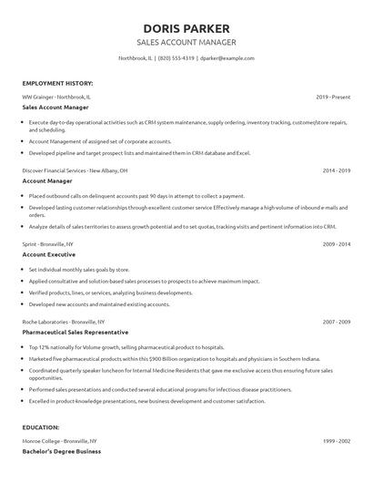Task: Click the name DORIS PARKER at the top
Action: point(186,28)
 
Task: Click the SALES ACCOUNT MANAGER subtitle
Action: point(186,42)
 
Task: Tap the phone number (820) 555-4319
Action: point(176,58)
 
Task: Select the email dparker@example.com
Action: point(227,58)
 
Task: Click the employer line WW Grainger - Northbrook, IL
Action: point(56,96)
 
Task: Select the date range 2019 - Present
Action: point(332,96)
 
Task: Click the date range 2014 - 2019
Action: point(334,170)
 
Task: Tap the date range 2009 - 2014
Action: point(334,244)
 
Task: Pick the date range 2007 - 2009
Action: point(334,322)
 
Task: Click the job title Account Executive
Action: point(50,255)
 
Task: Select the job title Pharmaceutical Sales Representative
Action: point(79,333)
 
